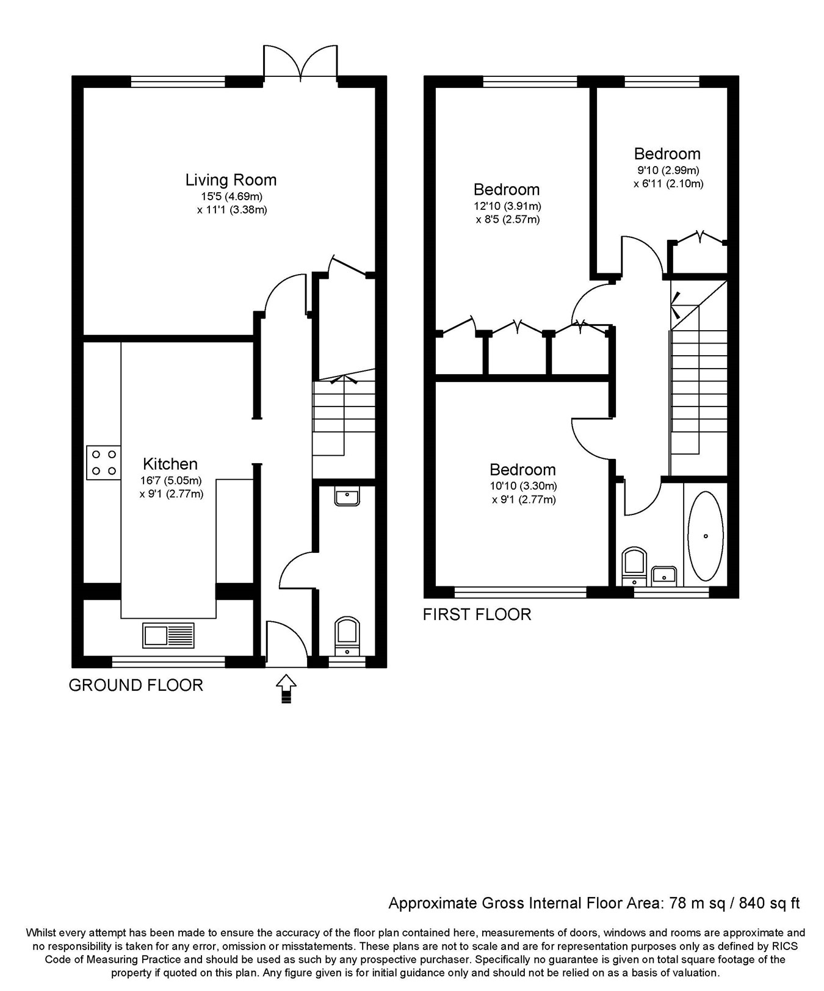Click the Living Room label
(x=231, y=180)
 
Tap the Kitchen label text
(x=170, y=464)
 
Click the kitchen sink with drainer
(x=168, y=635)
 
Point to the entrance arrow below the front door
(x=287, y=689)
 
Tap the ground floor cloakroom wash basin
(x=347, y=496)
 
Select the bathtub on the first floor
(x=706, y=536)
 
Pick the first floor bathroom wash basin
(x=663, y=575)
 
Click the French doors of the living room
(x=300, y=61)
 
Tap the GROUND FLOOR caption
(x=136, y=685)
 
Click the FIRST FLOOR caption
(x=477, y=614)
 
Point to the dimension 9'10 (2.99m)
(x=667, y=170)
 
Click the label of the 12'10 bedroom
(x=507, y=190)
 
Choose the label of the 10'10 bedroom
(x=523, y=470)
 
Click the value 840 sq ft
(x=769, y=903)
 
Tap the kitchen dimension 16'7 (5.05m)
(x=170, y=481)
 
